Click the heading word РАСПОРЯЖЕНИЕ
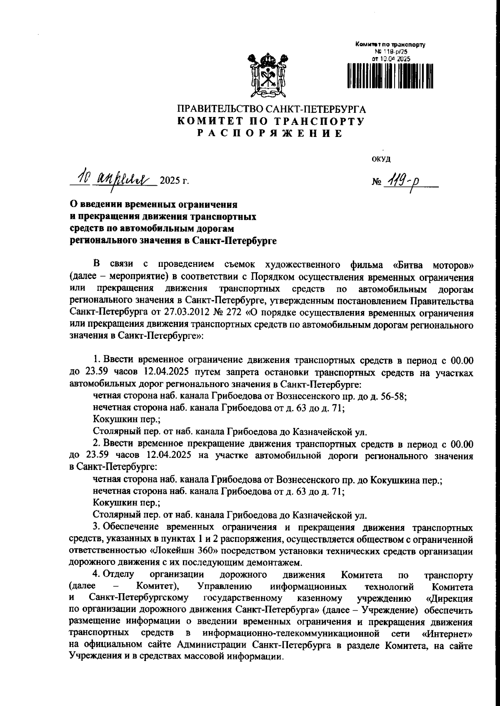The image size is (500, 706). pos(270,134)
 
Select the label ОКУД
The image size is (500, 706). pos(381,159)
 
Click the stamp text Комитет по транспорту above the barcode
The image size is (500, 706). pos(390,44)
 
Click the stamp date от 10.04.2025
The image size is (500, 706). pos(391,59)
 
